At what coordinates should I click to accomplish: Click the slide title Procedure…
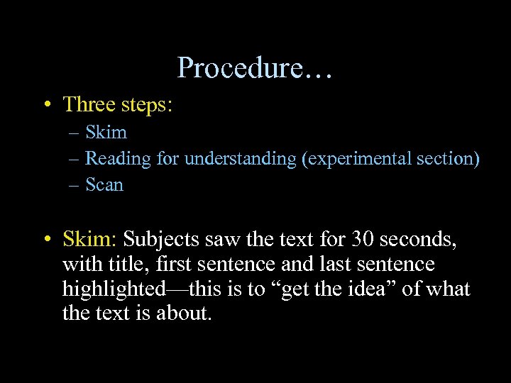255,68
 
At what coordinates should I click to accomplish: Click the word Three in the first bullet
89,104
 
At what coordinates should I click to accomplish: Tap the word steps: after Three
146,105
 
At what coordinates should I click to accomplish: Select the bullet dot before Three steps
45,105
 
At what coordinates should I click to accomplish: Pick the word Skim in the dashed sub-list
106,132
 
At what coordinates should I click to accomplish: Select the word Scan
104,185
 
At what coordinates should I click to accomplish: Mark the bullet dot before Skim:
45,240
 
